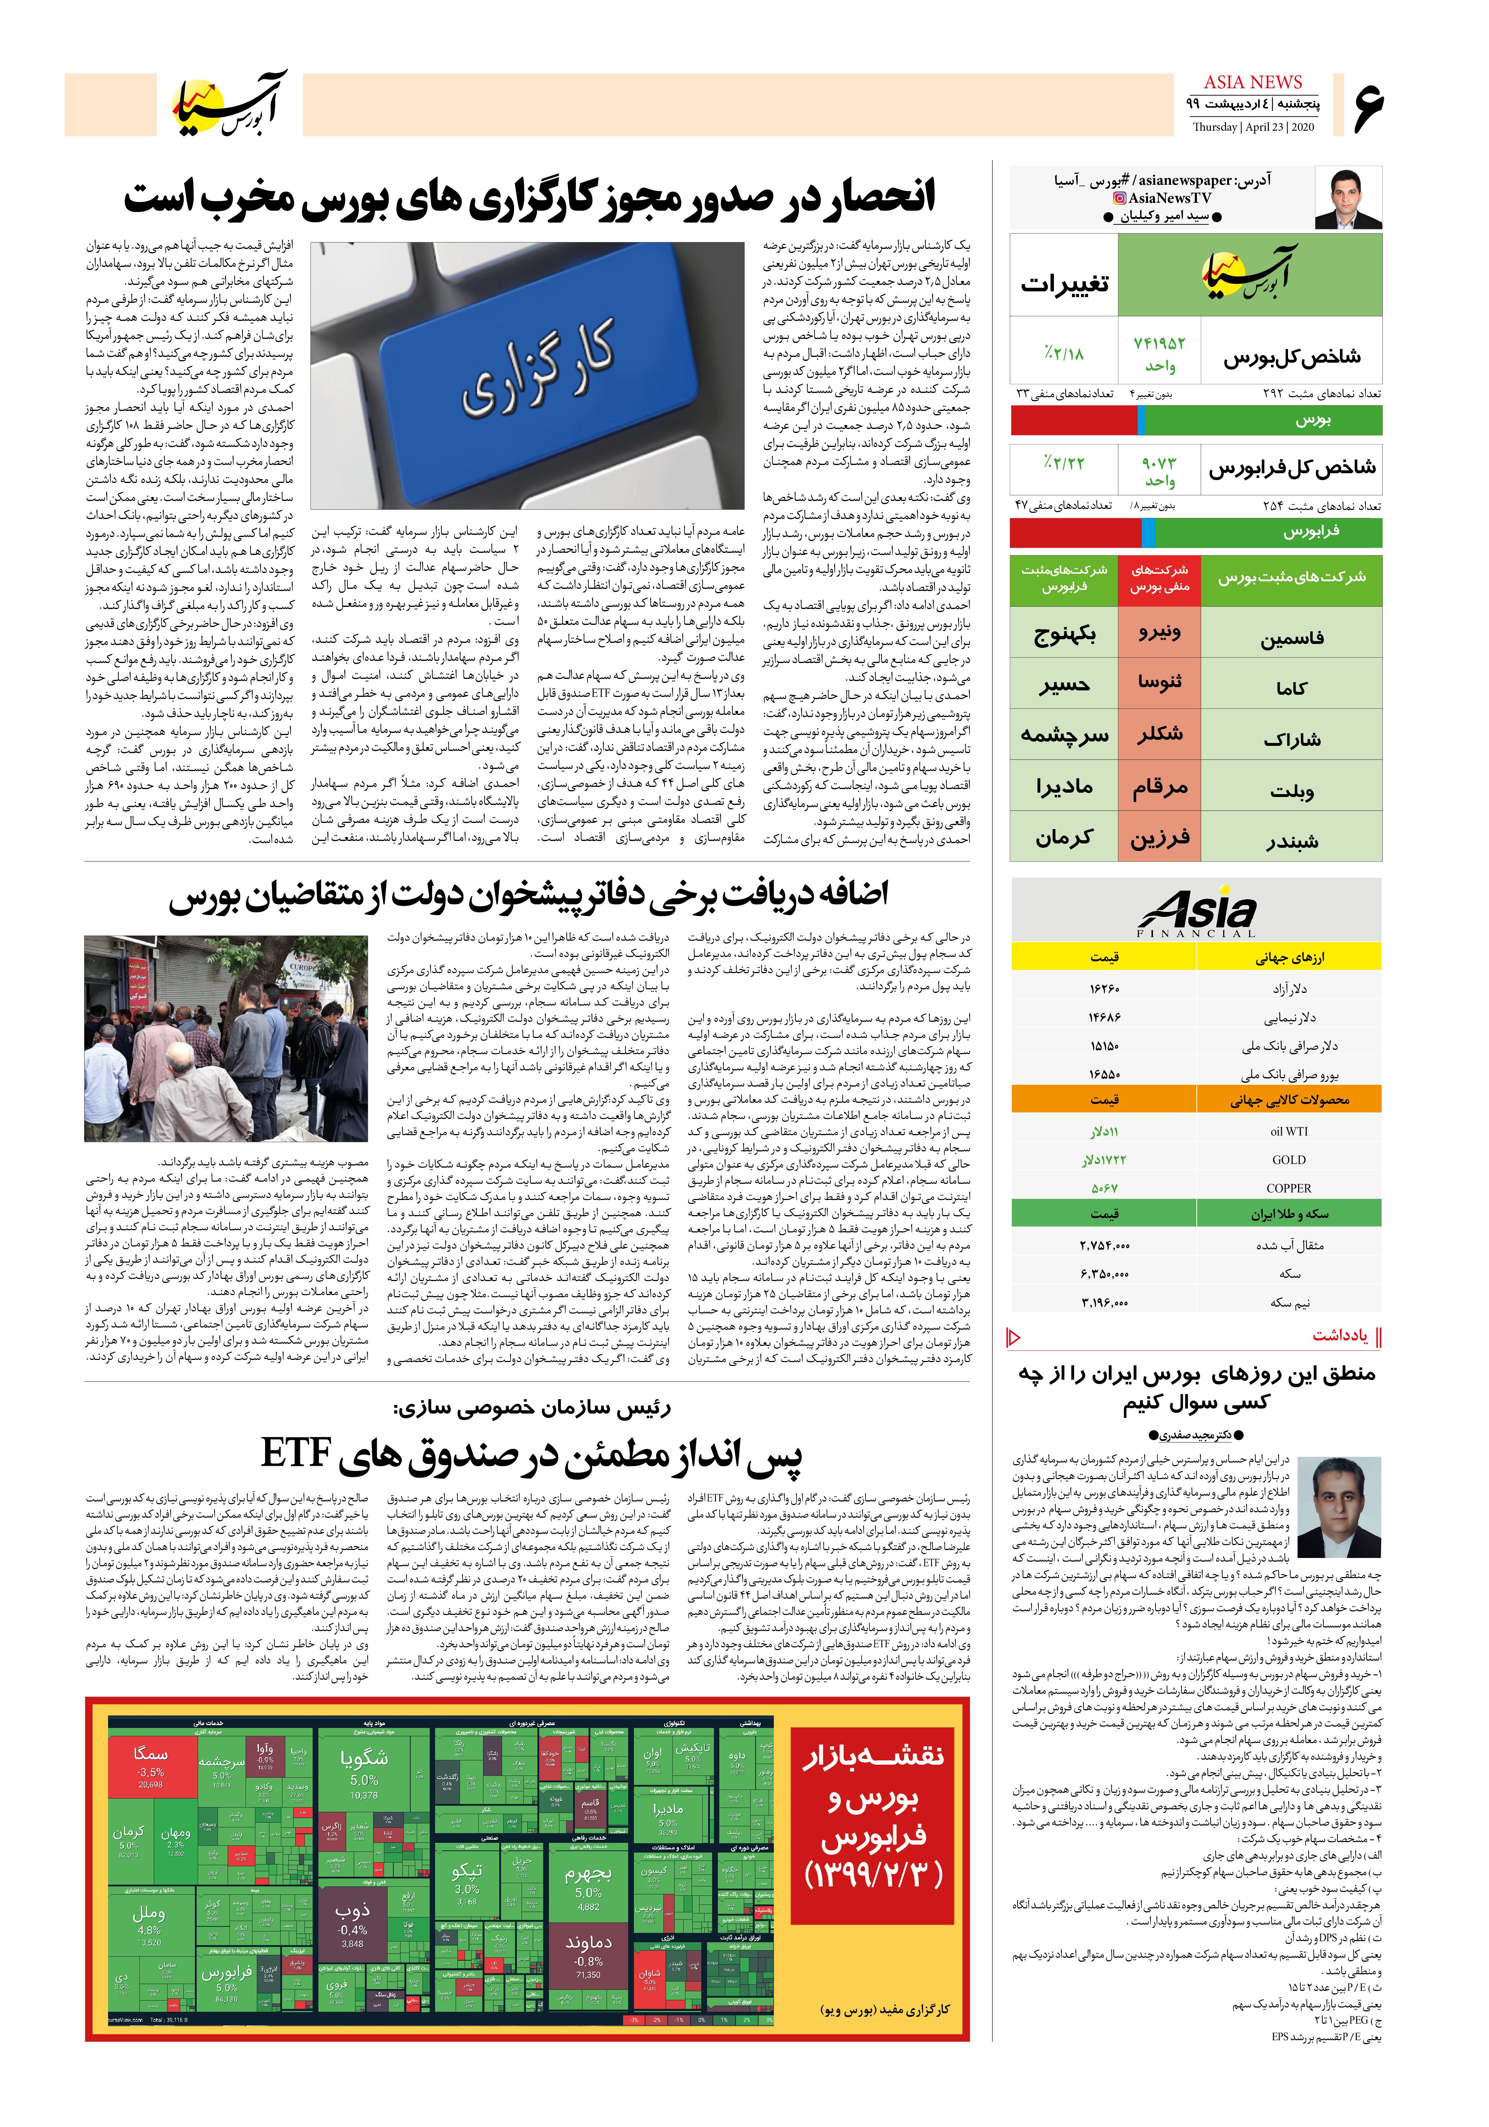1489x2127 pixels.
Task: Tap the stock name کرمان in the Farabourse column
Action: click(1065, 837)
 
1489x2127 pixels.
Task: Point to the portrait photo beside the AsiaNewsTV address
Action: click(1348, 199)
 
